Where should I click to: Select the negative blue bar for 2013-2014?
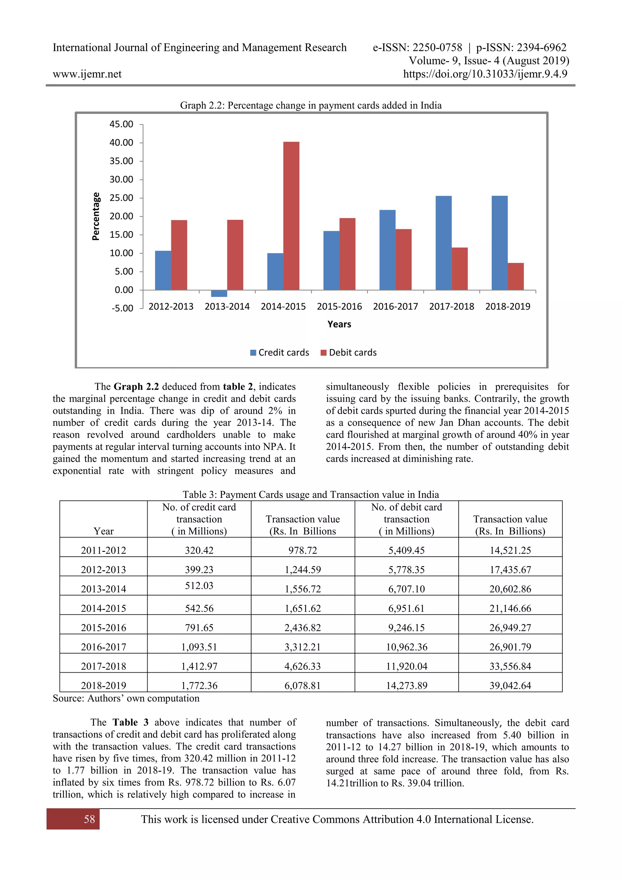[219, 293]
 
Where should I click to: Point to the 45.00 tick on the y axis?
[121, 124]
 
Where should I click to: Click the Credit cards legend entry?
[280, 353]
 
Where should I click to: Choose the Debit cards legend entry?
[349, 353]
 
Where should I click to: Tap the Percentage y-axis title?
[96, 216]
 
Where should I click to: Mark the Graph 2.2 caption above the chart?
[311, 105]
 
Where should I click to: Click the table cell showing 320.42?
[199, 550]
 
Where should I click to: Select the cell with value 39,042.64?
[510, 685]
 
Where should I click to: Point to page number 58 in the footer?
[89, 819]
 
